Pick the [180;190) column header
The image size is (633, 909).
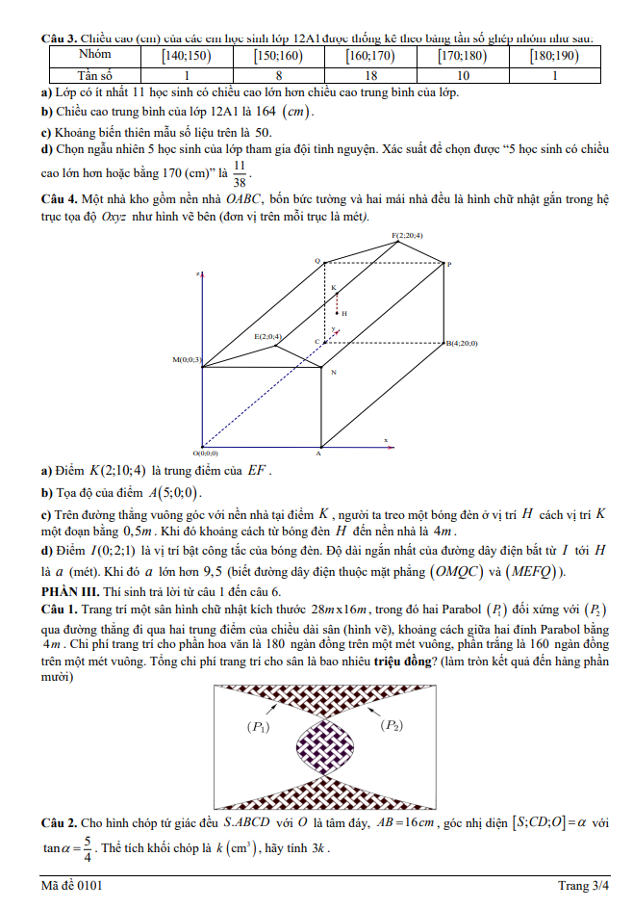coord(554,55)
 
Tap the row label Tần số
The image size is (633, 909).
coord(94,74)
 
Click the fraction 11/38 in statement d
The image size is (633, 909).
coord(240,172)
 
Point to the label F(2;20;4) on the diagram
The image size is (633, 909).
coord(407,235)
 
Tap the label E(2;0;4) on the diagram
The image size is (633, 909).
coord(268,336)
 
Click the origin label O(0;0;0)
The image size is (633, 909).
coord(205,453)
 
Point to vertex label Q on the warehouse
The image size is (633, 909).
coord(316,261)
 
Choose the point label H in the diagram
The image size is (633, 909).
coord(343,313)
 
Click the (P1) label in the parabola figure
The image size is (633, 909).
coord(259,728)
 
